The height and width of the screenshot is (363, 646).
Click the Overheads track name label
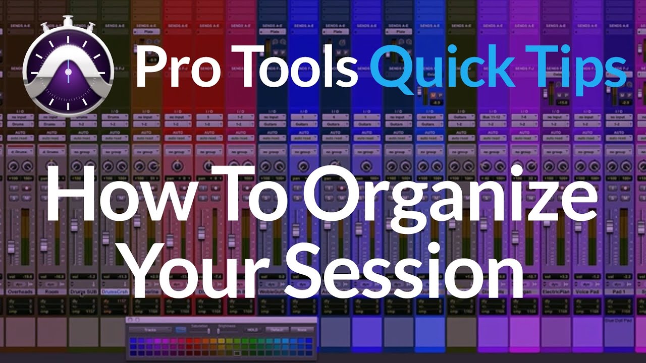pyautogui.click(x=20, y=291)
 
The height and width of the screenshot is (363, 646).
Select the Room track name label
pyautogui.click(x=51, y=291)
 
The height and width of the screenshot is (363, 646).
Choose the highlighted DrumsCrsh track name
pyautogui.click(x=115, y=291)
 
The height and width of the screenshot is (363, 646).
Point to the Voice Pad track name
pyautogui.click(x=587, y=291)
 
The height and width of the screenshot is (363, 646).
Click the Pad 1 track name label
pyautogui.click(x=619, y=291)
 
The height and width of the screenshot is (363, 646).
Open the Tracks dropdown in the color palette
pyautogui.click(x=150, y=330)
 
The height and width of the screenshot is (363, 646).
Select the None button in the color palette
pyautogui.click(x=302, y=330)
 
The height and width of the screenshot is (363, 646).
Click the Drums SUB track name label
pyautogui.click(x=83, y=291)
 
